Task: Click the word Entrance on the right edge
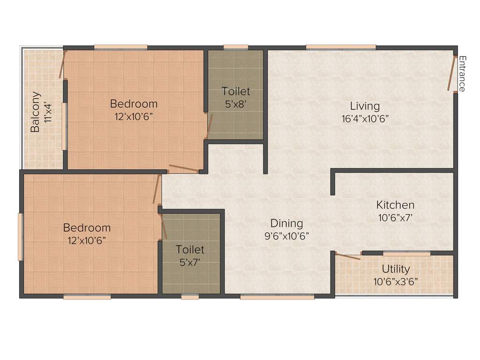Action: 462,74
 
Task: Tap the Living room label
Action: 365,106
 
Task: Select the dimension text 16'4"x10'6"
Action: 365,119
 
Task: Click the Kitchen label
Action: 395,205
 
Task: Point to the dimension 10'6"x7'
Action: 395,217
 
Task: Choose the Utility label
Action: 396,269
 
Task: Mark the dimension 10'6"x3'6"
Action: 396,282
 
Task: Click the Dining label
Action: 286,224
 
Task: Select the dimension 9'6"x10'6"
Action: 286,236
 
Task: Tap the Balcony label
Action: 35,112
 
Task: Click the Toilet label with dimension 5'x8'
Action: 236,91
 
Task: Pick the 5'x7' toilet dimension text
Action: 190,262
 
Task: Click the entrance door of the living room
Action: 452,73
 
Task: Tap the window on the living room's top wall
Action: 341,47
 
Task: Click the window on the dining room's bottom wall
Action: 277,297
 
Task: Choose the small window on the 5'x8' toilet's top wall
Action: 236,47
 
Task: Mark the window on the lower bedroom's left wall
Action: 20,237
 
